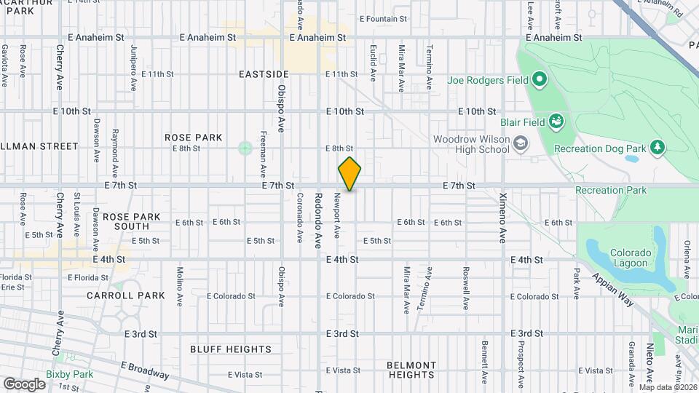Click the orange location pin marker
click(x=349, y=173)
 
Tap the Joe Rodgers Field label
click(x=488, y=79)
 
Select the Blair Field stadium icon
click(x=556, y=120)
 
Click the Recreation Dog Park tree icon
click(x=657, y=148)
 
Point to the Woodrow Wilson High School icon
click(x=520, y=143)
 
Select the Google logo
click(x=24, y=384)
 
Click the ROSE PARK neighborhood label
click(x=193, y=138)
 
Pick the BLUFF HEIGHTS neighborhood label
click(x=231, y=349)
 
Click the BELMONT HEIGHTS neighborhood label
click(x=411, y=370)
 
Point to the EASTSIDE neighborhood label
click(x=264, y=74)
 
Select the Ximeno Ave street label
click(x=502, y=218)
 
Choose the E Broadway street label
click(x=145, y=370)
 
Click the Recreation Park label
click(x=610, y=190)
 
